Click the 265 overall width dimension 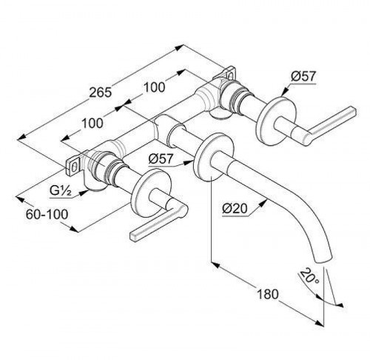[x=101, y=93]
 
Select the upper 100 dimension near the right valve [x=154, y=87]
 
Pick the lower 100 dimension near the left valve [x=92, y=123]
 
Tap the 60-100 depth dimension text [x=47, y=214]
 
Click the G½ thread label [x=61, y=191]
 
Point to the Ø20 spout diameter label [x=235, y=209]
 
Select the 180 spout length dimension [x=268, y=294]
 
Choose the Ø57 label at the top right [x=303, y=76]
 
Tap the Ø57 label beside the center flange [x=161, y=159]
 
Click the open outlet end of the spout [x=323, y=260]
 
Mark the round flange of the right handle [x=276, y=121]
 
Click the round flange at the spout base [x=214, y=157]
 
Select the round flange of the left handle [x=151, y=193]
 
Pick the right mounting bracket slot [x=230, y=75]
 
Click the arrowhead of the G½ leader [x=84, y=192]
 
